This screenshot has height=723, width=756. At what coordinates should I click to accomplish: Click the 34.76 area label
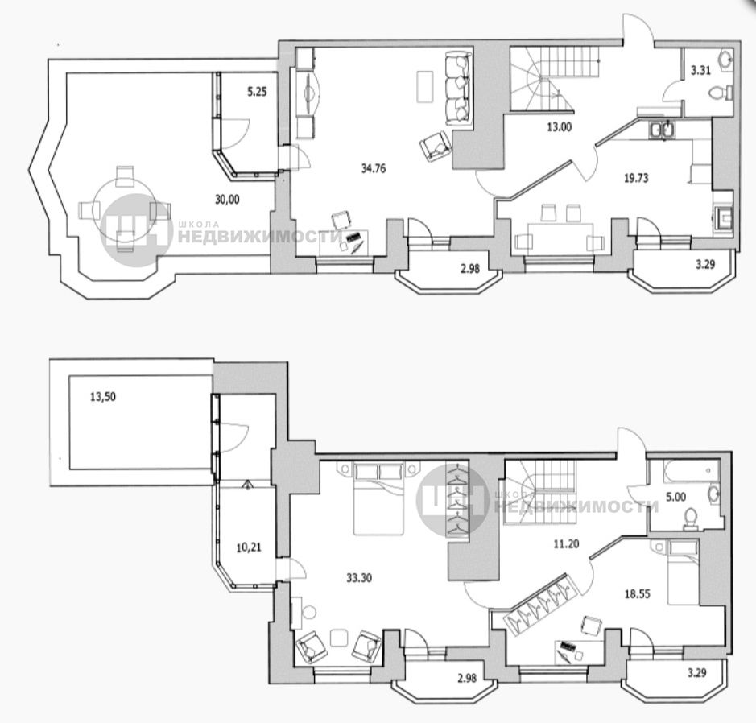[x=374, y=169]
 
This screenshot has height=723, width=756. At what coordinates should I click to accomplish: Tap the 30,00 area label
[x=226, y=199]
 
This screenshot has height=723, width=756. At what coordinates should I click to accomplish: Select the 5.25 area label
[x=257, y=92]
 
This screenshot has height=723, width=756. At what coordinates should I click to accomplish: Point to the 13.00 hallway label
[x=560, y=127]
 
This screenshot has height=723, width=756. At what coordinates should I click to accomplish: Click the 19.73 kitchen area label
[x=636, y=179]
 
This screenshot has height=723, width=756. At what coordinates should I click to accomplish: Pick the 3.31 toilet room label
[x=700, y=71]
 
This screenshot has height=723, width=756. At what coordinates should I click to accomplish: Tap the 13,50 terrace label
[x=103, y=397]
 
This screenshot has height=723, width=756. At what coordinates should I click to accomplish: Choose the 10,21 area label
[x=249, y=547]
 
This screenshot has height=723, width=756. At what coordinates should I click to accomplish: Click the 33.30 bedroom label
[x=359, y=577]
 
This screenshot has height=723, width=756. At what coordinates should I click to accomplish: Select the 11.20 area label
[x=566, y=544]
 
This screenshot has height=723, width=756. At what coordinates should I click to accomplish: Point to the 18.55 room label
[x=638, y=594]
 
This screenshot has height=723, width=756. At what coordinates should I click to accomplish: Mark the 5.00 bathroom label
[x=675, y=497]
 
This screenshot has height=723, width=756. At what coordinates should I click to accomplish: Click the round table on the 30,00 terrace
[x=125, y=209]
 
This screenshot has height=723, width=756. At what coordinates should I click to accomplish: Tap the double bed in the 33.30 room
[x=379, y=498]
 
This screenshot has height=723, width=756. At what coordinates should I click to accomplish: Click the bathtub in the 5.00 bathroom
[x=691, y=471]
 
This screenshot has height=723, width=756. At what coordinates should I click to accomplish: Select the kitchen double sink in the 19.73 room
[x=662, y=130]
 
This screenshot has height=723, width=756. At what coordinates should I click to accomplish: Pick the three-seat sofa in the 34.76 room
[x=457, y=89]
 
